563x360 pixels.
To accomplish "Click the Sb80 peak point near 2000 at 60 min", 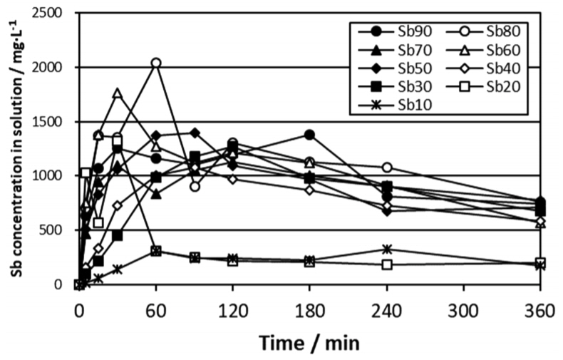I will [156, 63].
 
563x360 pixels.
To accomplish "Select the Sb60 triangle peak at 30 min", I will [118, 93].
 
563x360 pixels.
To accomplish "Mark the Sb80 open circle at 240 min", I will [387, 168].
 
